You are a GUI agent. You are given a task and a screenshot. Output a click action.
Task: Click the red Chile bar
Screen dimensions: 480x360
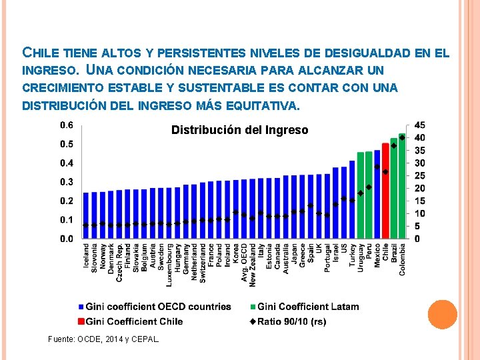tap(385, 191)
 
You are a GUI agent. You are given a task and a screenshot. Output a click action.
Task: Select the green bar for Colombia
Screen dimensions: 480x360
tap(402, 186)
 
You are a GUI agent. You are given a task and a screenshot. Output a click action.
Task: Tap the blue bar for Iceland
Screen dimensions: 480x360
tap(86, 215)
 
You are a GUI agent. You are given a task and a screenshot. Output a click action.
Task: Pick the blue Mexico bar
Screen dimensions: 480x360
tap(377, 194)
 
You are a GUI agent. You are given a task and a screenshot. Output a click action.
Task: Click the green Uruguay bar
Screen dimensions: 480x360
tap(361, 195)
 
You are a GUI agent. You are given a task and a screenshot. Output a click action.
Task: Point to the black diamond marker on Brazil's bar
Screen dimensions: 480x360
tap(394, 146)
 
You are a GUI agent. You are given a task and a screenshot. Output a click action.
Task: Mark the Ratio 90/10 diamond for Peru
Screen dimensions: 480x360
tap(369, 187)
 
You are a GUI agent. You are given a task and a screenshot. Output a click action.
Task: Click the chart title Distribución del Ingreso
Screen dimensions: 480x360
tap(240, 130)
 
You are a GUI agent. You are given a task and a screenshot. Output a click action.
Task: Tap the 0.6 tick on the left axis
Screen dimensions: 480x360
tap(67, 125)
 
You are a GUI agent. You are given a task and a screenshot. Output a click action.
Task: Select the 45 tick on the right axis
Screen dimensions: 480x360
tap(419, 125)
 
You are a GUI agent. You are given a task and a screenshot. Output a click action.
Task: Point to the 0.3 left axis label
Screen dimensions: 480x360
tap(67, 182)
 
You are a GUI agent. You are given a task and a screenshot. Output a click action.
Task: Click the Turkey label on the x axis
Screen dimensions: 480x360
tap(353, 255)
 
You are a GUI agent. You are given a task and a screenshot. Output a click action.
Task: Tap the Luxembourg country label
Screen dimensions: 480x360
tap(169, 265)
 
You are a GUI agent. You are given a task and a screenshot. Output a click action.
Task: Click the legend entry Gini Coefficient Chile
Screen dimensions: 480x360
tap(131, 321)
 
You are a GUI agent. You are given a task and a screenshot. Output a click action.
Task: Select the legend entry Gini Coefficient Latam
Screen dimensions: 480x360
tap(305, 307)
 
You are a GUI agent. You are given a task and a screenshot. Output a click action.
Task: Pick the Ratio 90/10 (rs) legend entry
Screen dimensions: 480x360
tap(288, 321)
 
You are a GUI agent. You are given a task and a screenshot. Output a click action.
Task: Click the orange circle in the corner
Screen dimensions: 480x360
tap(443, 315)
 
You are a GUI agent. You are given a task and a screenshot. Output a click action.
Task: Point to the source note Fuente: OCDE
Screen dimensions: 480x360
tap(103, 339)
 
